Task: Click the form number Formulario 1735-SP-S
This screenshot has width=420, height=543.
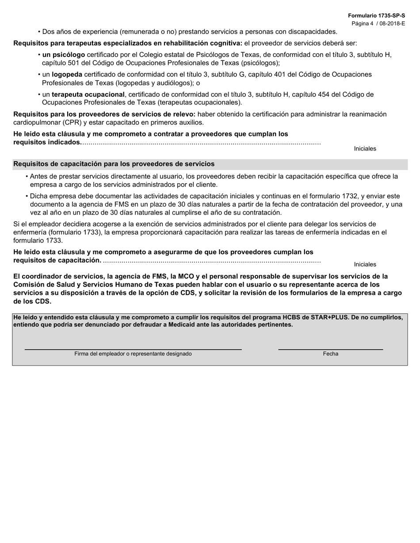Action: click(x=376, y=15)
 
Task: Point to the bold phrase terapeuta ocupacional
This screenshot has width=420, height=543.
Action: click(x=88, y=94)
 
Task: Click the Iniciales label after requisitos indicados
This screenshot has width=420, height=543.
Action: click(x=365, y=149)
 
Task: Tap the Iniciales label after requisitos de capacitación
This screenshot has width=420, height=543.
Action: click(x=365, y=264)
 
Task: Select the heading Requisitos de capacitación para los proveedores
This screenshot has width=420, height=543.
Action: click(x=114, y=164)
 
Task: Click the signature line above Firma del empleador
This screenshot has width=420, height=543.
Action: click(x=133, y=349)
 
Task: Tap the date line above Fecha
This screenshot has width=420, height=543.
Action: click(x=330, y=349)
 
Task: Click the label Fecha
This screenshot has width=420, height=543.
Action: click(x=330, y=354)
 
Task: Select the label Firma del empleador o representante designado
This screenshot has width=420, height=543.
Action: click(x=133, y=354)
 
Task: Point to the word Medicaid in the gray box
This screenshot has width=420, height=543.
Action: click(x=183, y=324)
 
